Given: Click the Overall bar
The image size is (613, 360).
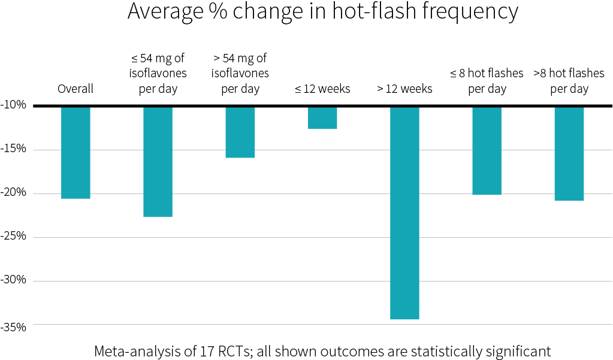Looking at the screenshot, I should point(76,153).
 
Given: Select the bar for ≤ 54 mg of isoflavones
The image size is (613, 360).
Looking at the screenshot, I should point(158,162).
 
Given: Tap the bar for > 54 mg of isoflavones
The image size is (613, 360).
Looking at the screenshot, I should point(240,132).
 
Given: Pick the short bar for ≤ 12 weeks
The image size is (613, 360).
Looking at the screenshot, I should point(322,118).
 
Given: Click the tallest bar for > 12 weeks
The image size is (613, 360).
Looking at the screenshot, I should point(404,213).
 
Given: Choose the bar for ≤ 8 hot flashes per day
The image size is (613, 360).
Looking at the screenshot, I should point(487,151).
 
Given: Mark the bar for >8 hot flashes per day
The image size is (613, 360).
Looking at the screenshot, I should point(569,154).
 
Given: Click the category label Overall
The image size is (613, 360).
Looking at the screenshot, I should point(76,89).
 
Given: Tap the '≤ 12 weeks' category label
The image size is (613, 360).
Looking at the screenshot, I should point(322,89).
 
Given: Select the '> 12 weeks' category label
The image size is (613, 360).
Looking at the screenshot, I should point(404,89).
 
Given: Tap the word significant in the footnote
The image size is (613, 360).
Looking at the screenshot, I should point(516,351).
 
